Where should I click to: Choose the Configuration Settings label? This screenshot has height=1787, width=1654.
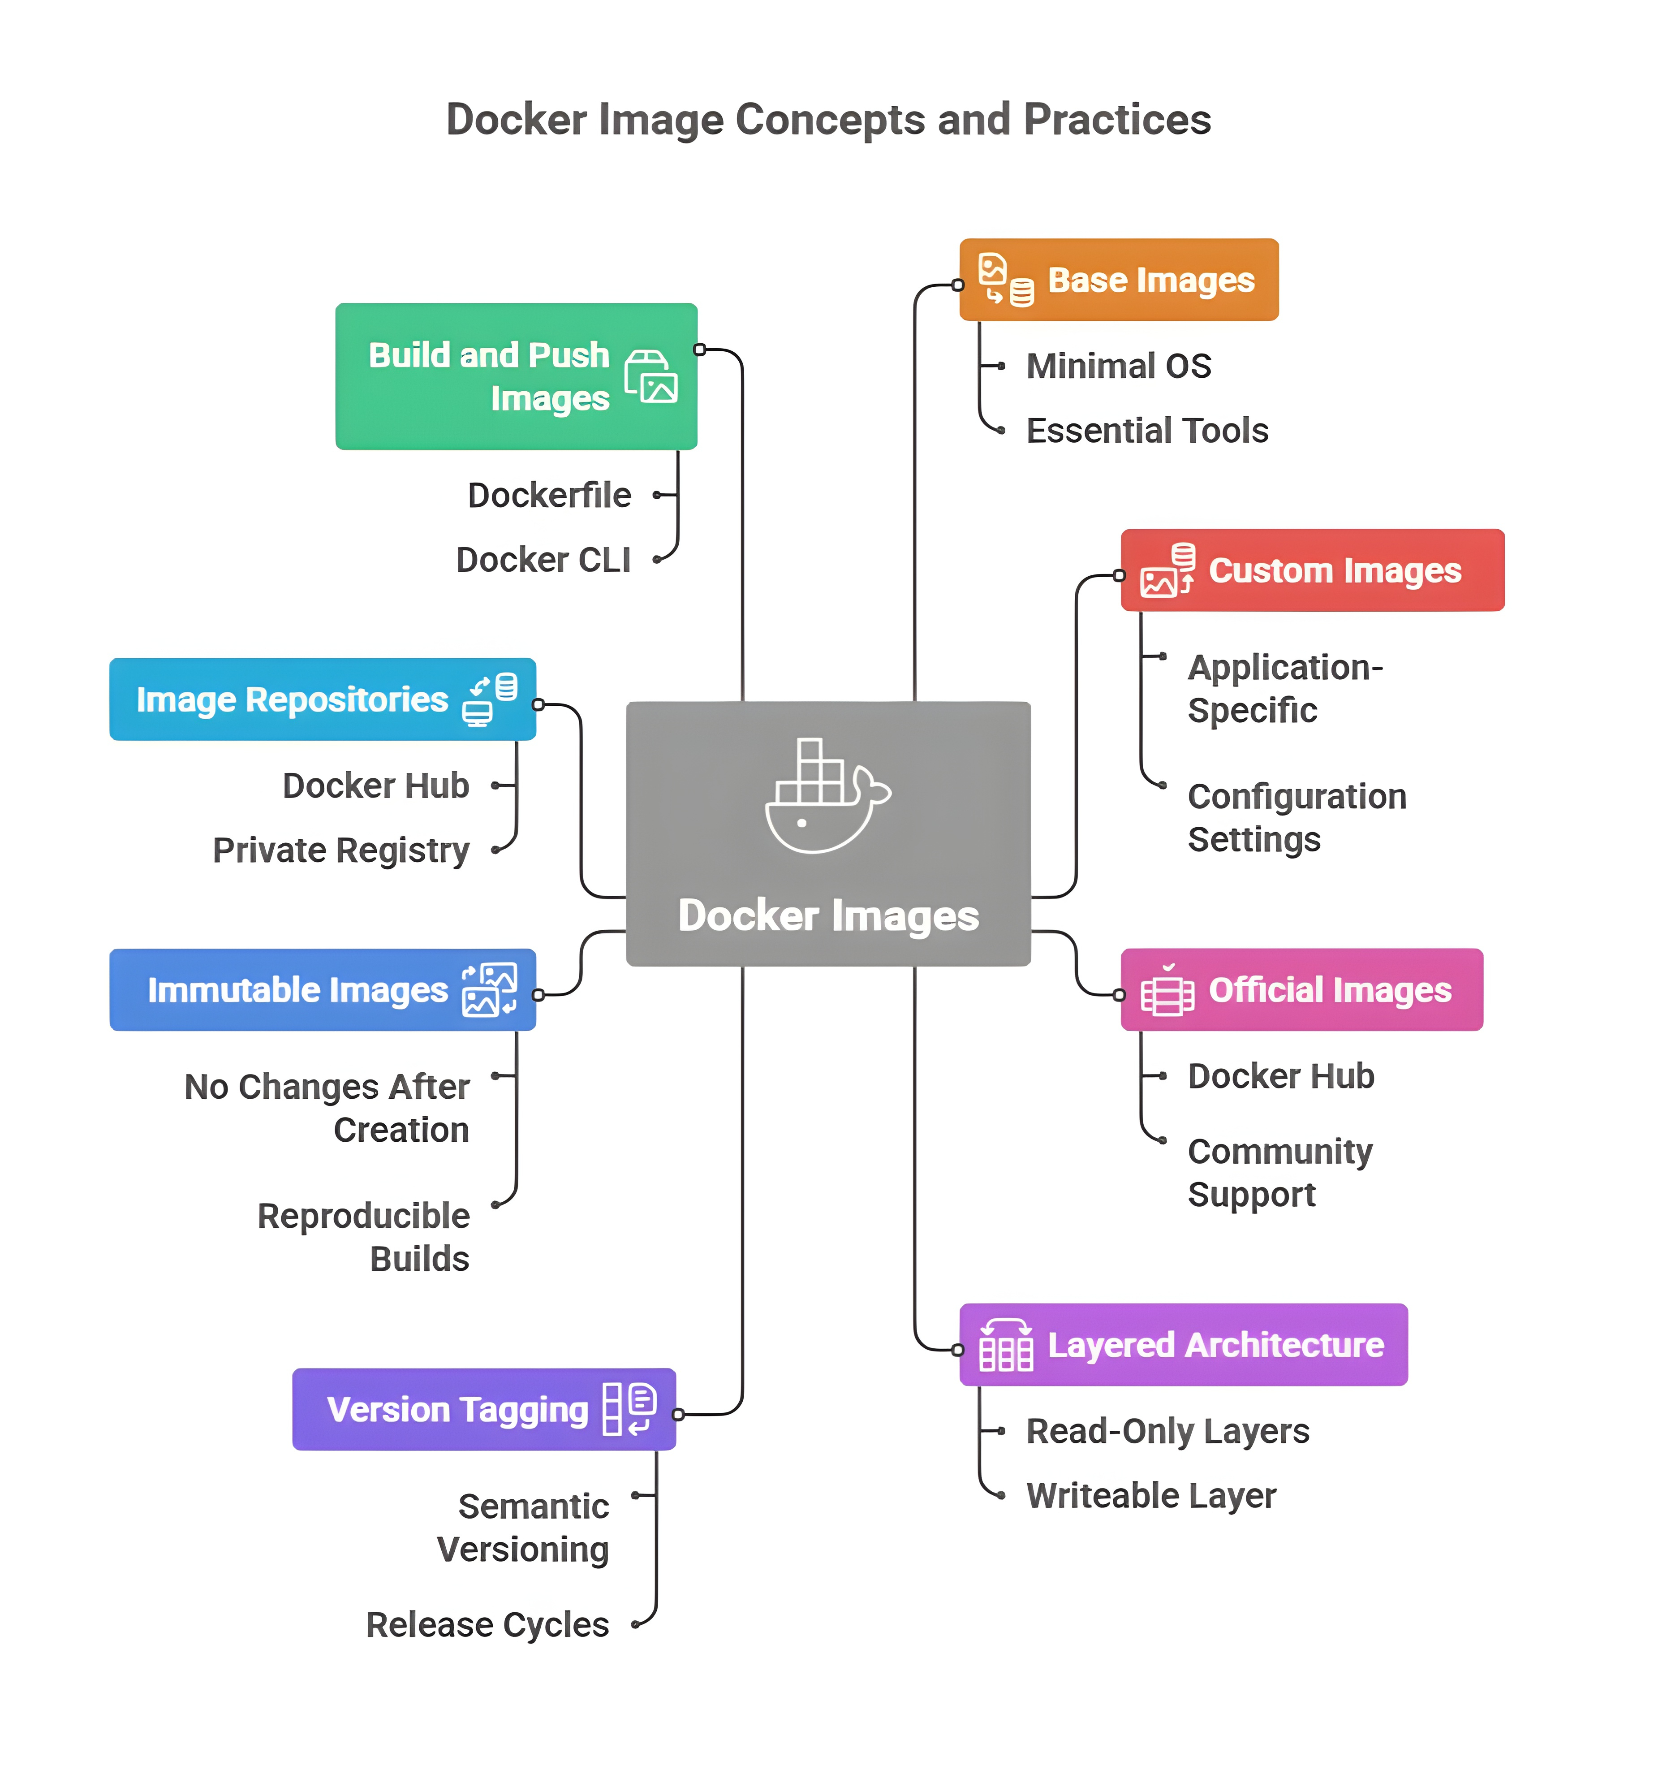[x=1296, y=817]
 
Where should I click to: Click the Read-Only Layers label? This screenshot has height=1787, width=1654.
[x=1167, y=1431]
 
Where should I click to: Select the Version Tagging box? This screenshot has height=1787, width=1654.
[x=483, y=1409]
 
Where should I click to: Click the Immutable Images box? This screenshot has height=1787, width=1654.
[x=322, y=989]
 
